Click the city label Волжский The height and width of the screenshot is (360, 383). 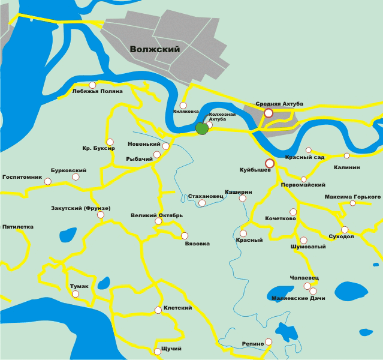point(155,50)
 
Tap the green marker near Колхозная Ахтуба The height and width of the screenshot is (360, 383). point(203,128)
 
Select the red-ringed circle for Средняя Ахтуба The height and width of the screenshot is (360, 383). point(269,112)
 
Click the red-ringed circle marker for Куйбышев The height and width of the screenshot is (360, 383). point(270,163)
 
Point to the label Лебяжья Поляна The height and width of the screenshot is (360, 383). point(97,91)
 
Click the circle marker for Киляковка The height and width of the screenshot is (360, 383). point(183,105)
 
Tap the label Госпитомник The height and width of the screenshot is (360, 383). point(22,178)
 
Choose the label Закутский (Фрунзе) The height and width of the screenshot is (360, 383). point(81,208)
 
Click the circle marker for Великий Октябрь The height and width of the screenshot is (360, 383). point(158,221)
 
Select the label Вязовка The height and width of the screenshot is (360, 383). point(197,244)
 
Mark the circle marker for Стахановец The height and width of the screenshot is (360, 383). point(202,203)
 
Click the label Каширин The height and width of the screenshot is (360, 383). point(238,191)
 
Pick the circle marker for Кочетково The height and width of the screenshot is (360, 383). point(292,212)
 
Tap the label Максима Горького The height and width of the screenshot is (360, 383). point(352,196)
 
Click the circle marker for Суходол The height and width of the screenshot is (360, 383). point(345,229)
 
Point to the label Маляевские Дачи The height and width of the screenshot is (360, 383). point(298,298)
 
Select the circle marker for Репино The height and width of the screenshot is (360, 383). point(268,341)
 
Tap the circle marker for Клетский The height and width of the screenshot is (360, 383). point(158,310)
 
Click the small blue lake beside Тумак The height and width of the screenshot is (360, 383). point(103,283)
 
